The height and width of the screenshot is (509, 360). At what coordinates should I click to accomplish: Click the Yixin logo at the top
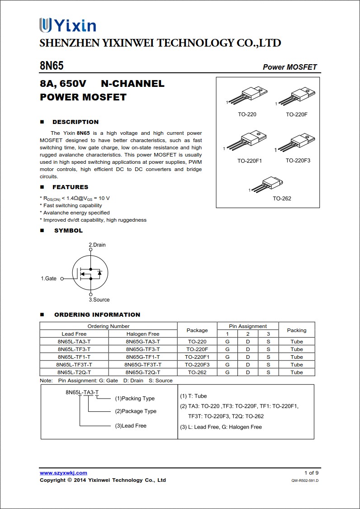pyautogui.click(x=67, y=25)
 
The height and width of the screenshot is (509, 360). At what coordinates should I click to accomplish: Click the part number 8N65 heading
pyautogui.click(x=52, y=66)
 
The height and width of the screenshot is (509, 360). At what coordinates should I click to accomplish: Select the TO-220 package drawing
pyautogui.click(x=247, y=95)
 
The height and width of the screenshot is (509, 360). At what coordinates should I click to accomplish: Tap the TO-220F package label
pyautogui.click(x=296, y=114)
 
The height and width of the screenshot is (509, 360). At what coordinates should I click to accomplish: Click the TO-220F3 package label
pyautogui.click(x=298, y=161)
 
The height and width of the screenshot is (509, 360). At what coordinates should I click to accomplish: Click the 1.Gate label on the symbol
pyautogui.click(x=49, y=279)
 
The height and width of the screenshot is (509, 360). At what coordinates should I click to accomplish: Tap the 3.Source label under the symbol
pyautogui.click(x=99, y=300)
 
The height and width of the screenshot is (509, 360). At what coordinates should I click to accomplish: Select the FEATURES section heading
pyautogui.click(x=70, y=187)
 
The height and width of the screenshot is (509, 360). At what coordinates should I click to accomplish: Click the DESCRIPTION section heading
pyautogui.click(x=75, y=122)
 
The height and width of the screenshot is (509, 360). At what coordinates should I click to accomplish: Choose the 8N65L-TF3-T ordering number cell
pyautogui.click(x=74, y=349)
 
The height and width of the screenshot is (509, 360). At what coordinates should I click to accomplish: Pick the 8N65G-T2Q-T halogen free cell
pyautogui.click(x=142, y=372)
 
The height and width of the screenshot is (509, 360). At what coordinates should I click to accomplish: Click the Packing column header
pyautogui.click(x=297, y=330)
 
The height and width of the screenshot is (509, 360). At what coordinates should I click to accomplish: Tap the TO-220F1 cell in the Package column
pyautogui.click(x=197, y=357)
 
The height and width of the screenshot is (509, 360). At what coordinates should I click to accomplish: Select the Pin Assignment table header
pyautogui.click(x=248, y=326)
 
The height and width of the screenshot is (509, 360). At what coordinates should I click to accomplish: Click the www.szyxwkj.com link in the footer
pyautogui.click(x=63, y=473)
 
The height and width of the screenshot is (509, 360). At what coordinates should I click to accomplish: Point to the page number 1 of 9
pyautogui.click(x=311, y=473)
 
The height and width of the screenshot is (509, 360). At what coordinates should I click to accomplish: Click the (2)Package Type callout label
pyautogui.click(x=136, y=411)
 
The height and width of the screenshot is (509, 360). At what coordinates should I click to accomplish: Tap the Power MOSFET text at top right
pyautogui.click(x=290, y=67)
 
